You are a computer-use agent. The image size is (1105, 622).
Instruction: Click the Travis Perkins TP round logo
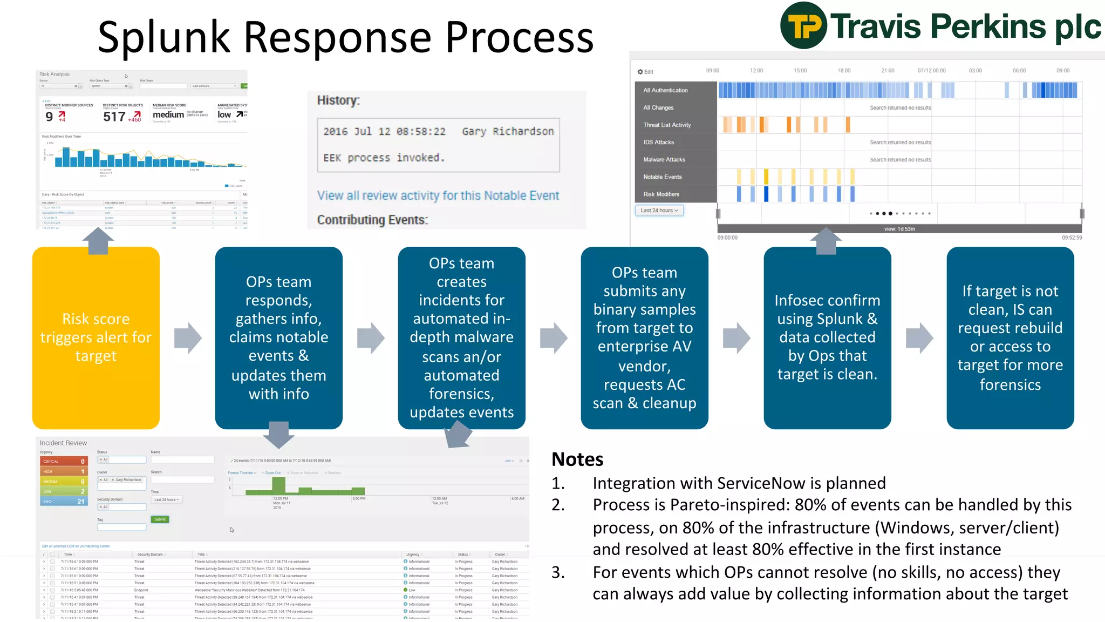[x=803, y=25]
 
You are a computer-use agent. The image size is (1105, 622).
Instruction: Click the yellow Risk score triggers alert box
[x=96, y=337]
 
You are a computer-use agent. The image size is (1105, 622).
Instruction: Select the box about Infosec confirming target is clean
[x=827, y=337]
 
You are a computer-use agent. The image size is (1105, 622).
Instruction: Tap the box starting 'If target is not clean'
[x=1009, y=337]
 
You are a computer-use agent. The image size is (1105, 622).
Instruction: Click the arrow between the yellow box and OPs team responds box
[x=188, y=338]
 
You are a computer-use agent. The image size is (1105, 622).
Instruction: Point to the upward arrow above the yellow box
[x=98, y=241]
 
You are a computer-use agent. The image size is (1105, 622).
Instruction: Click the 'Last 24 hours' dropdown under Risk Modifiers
[x=659, y=211]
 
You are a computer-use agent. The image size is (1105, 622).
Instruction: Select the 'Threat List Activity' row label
[x=666, y=125]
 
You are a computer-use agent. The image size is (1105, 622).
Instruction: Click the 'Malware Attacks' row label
[x=664, y=159]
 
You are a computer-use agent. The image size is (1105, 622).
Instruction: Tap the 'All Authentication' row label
[x=665, y=90]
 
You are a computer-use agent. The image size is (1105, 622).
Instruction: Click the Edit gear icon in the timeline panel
[x=640, y=72]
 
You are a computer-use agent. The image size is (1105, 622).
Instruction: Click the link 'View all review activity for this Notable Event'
[x=438, y=195]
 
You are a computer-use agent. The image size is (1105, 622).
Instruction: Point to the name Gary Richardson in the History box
[x=507, y=131]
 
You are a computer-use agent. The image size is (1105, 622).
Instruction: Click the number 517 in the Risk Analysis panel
[x=114, y=117]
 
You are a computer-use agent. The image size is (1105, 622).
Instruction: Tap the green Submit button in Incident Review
[x=160, y=519]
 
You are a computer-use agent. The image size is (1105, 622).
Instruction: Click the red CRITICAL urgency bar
[x=63, y=462]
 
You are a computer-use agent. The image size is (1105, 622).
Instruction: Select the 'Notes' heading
[x=577, y=459]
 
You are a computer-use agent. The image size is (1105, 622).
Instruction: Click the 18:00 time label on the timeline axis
[x=843, y=71]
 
